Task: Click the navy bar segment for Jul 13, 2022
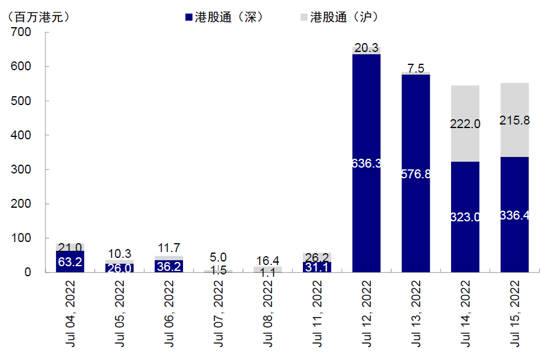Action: [416, 236]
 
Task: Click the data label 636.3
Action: [367, 163]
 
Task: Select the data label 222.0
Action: [465, 124]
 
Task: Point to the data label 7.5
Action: [416, 68]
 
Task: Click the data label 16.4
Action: [267, 260]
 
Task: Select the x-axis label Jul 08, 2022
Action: [269, 313]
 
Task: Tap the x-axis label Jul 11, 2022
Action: [318, 313]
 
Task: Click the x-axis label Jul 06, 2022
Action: [169, 313]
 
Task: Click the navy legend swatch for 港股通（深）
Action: [188, 17]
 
